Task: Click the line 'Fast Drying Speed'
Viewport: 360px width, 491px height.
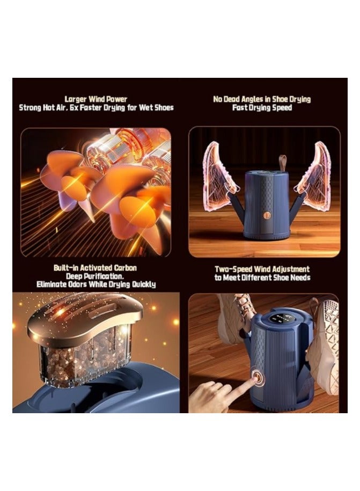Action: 261,107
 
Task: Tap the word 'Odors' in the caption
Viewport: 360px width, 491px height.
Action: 80,284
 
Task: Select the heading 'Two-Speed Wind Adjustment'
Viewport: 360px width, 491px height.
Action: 262,269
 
